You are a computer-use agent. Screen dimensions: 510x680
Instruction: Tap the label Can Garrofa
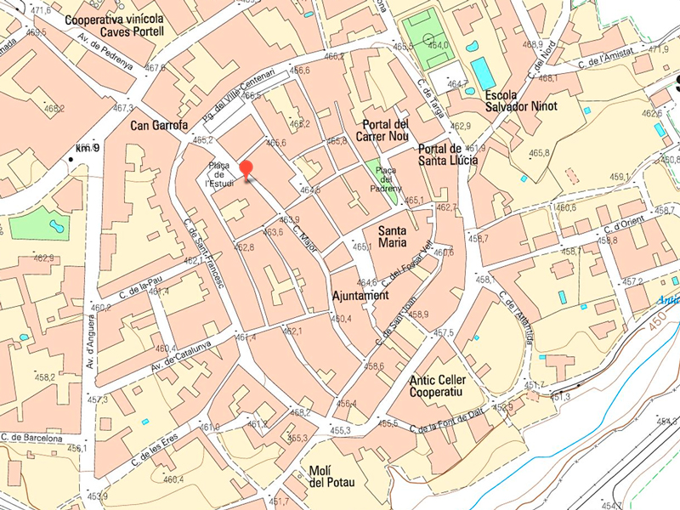tap(159, 125)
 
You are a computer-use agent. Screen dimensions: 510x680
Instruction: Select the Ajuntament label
tap(360, 296)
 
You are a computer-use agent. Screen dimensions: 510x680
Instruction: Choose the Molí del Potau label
tap(331, 477)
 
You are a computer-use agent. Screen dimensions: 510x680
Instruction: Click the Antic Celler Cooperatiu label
tap(447, 386)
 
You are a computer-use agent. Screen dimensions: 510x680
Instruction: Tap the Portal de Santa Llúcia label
tap(448, 154)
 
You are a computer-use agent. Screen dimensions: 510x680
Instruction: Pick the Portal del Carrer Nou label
tap(386, 130)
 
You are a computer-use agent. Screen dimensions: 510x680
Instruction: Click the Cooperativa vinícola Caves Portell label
tap(114, 25)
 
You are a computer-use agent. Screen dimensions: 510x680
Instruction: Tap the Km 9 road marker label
tap(88, 149)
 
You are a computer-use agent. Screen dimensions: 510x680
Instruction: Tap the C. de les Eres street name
tap(154, 447)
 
